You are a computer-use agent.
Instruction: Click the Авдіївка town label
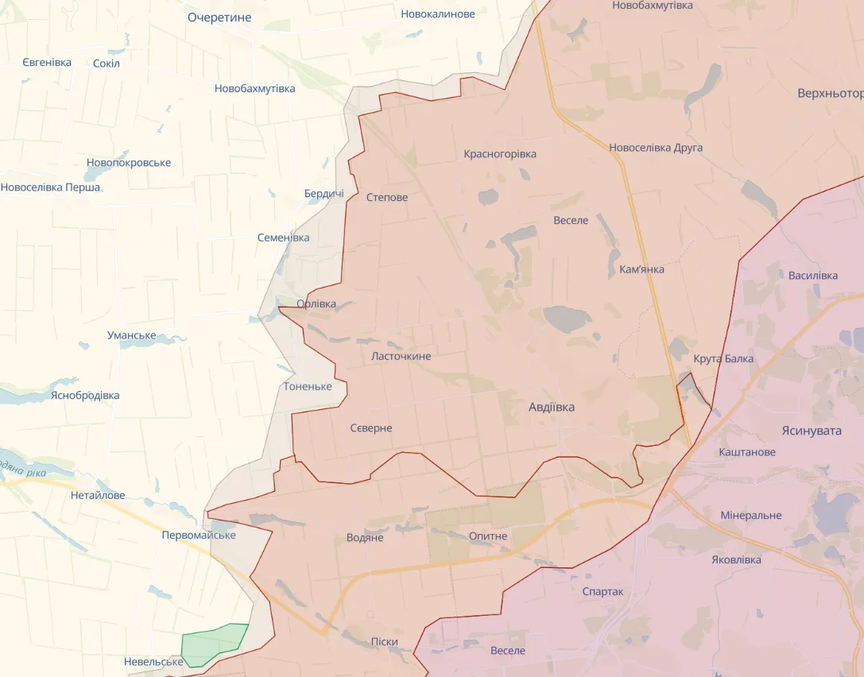(552, 407)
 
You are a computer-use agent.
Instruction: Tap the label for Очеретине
(219, 17)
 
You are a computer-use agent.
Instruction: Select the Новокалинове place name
(438, 14)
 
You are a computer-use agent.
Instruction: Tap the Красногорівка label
(500, 153)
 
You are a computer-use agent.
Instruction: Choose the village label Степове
(387, 197)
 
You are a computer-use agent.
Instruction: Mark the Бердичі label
(324, 194)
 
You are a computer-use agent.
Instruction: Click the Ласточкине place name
(401, 356)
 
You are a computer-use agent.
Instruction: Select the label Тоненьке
(308, 386)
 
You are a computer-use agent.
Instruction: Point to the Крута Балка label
(723, 358)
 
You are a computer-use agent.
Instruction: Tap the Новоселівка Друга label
(656, 148)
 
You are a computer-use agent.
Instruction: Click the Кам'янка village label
(641, 269)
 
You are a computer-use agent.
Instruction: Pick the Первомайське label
(199, 535)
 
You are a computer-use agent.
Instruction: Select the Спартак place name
(602, 591)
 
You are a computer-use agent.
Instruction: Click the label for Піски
(384, 641)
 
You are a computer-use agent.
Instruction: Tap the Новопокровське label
(129, 163)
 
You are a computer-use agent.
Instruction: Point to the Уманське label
(132, 335)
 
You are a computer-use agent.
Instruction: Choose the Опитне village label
(488, 536)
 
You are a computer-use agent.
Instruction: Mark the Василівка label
(813, 276)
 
